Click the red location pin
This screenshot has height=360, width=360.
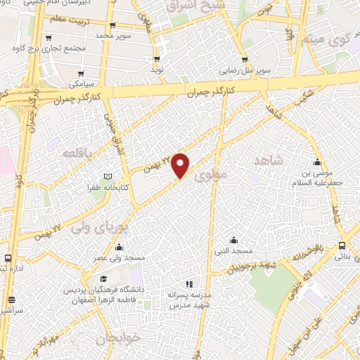pyautogui.click(x=181, y=164)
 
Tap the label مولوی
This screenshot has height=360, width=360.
pyautogui.click(x=213, y=175)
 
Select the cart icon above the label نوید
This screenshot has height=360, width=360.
pyautogui.click(x=157, y=60)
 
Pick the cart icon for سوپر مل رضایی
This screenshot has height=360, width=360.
pyautogui.click(x=245, y=60)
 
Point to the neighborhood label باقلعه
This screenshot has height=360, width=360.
pyautogui.click(x=78, y=153)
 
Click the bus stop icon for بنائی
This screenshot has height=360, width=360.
pyautogui.click(x=342, y=245)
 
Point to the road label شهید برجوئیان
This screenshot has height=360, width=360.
pyautogui.click(x=246, y=266)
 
